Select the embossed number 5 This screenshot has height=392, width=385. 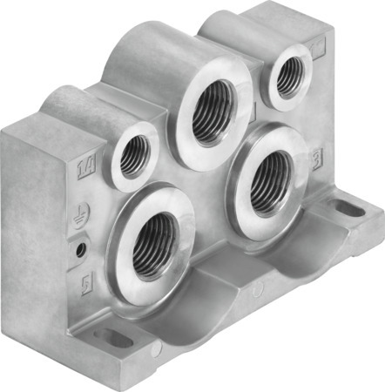click(85, 285)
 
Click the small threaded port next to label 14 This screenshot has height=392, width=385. click(134, 156)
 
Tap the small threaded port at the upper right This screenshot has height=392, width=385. click(287, 79)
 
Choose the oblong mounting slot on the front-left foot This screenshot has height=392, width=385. click(113, 338)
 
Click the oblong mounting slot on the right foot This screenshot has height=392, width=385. click(348, 209)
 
